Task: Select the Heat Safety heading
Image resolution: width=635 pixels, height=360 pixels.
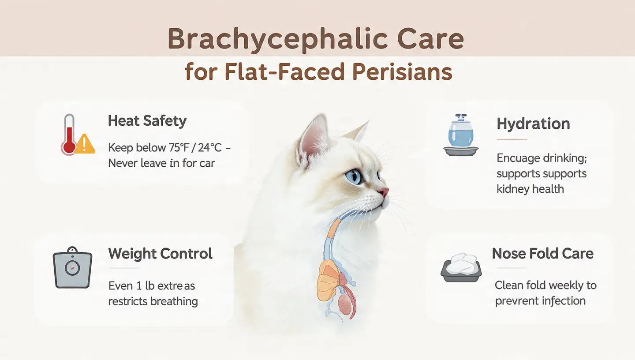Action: click(147, 121)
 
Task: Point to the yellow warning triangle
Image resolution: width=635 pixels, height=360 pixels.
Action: click(85, 144)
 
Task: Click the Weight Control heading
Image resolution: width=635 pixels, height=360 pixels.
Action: click(161, 254)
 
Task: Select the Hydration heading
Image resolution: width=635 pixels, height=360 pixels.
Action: click(533, 124)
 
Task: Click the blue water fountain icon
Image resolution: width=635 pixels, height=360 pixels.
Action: click(461, 135)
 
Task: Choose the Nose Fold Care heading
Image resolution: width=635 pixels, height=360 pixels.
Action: click(542, 254)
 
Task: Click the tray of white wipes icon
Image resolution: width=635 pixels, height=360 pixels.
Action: click(461, 267)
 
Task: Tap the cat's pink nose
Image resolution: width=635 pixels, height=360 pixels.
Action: click(385, 192)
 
